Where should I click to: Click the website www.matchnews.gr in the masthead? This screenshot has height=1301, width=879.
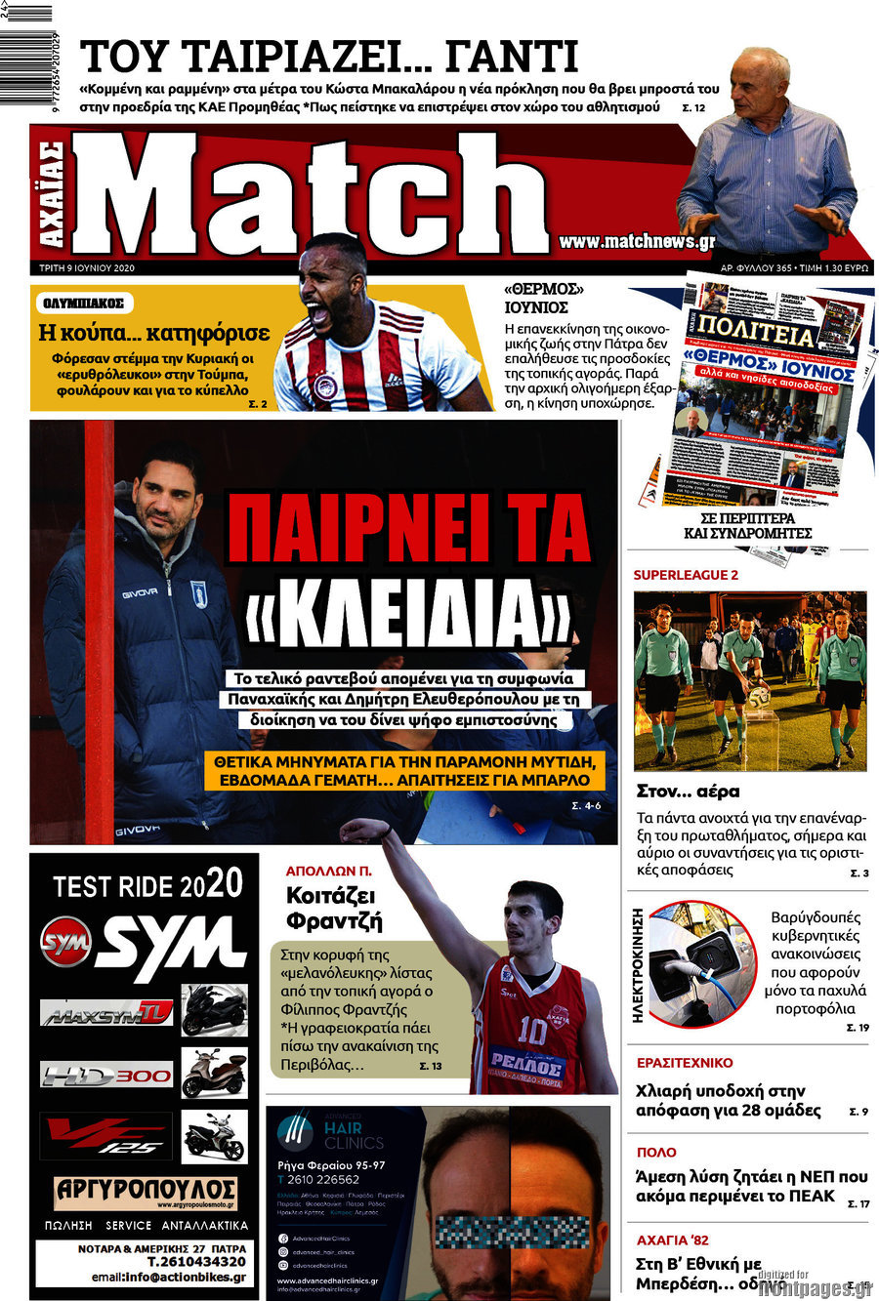637,241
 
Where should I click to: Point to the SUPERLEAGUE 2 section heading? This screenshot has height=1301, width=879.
686,575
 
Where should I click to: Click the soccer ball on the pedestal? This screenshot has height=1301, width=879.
758,697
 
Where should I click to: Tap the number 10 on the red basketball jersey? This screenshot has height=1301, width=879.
532,1031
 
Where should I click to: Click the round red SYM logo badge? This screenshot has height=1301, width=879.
65,943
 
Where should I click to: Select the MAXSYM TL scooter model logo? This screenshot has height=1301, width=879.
106,1013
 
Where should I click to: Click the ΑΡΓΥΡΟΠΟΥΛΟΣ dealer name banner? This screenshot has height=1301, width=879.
145,1192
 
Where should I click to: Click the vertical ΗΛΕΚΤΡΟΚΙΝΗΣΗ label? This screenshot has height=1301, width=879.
638,964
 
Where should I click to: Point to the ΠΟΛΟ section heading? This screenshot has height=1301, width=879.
655,1152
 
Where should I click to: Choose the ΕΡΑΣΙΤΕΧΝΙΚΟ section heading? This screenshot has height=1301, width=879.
684,1063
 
